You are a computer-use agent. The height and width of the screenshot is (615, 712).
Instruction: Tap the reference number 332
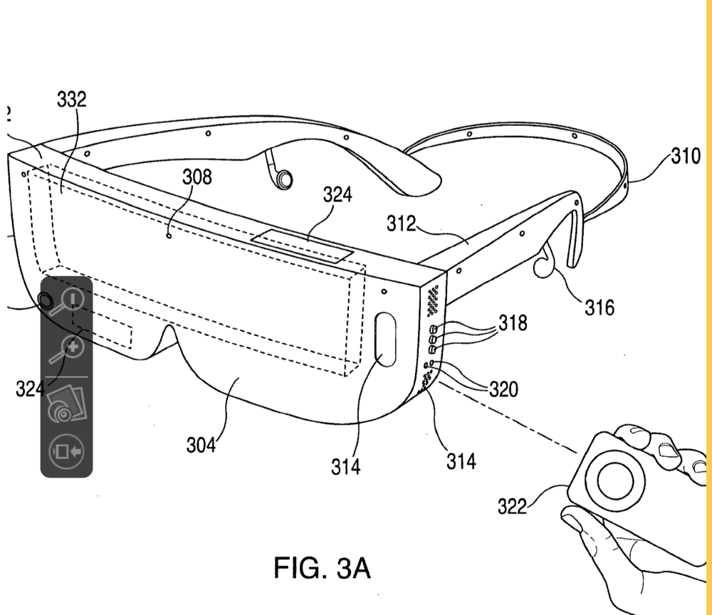point(71,100)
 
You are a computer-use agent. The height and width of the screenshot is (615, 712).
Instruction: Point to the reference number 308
point(197,177)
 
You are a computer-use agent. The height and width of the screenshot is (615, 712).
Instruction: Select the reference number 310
point(686,155)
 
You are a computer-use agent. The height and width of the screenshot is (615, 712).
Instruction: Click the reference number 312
point(401,224)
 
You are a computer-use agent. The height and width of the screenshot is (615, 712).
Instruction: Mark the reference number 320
point(504,389)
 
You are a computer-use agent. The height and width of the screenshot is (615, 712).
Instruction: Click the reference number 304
point(201,445)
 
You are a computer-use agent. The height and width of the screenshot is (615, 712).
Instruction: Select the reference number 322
point(513,506)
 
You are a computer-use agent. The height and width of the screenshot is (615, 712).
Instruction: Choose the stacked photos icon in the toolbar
point(65,404)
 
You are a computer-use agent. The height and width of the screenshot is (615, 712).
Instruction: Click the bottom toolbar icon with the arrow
point(66,451)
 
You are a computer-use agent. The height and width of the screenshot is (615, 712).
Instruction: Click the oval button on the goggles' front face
point(384,340)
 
